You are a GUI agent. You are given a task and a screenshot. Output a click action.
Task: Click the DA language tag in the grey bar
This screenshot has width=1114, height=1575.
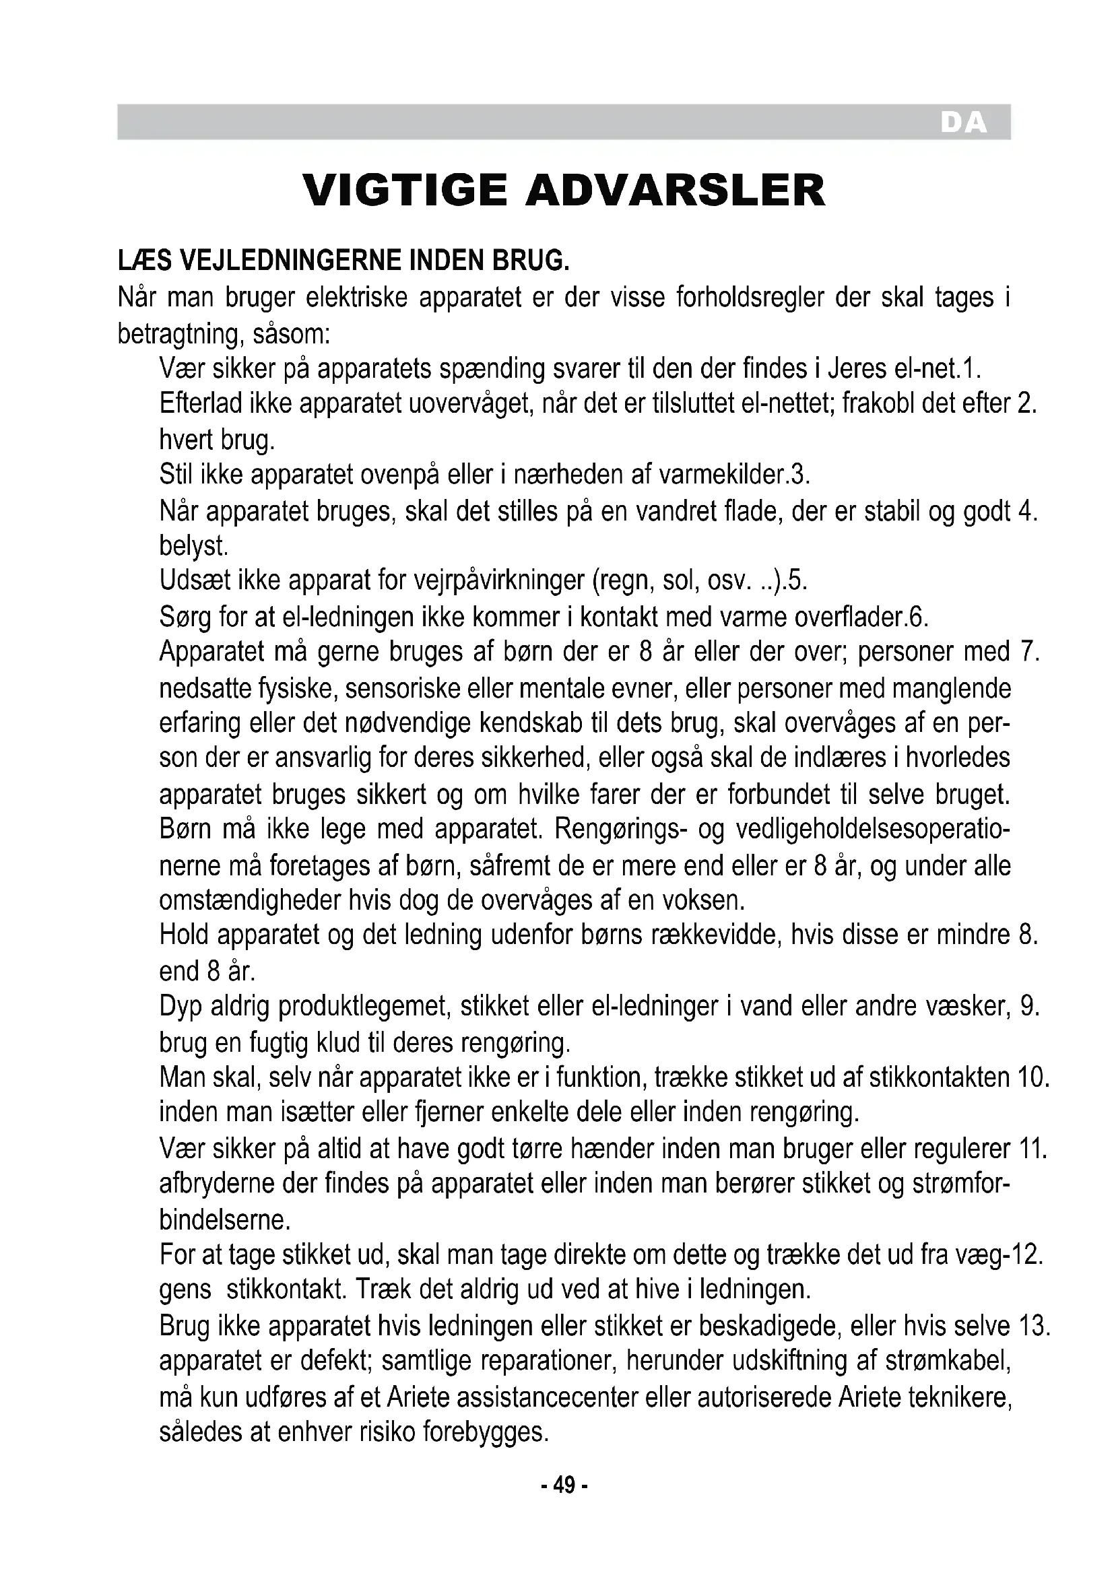(x=963, y=123)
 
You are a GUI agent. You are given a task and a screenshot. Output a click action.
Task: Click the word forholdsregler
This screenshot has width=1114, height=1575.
(x=750, y=298)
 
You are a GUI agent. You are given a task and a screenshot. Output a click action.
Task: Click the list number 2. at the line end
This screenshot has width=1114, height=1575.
(x=1026, y=403)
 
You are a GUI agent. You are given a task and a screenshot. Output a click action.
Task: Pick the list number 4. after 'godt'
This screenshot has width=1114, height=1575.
(x=1028, y=511)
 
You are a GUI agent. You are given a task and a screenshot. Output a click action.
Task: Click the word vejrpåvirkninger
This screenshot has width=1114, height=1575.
(x=499, y=580)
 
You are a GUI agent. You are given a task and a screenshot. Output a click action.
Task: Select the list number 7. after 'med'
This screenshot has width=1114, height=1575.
(x=1030, y=652)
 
